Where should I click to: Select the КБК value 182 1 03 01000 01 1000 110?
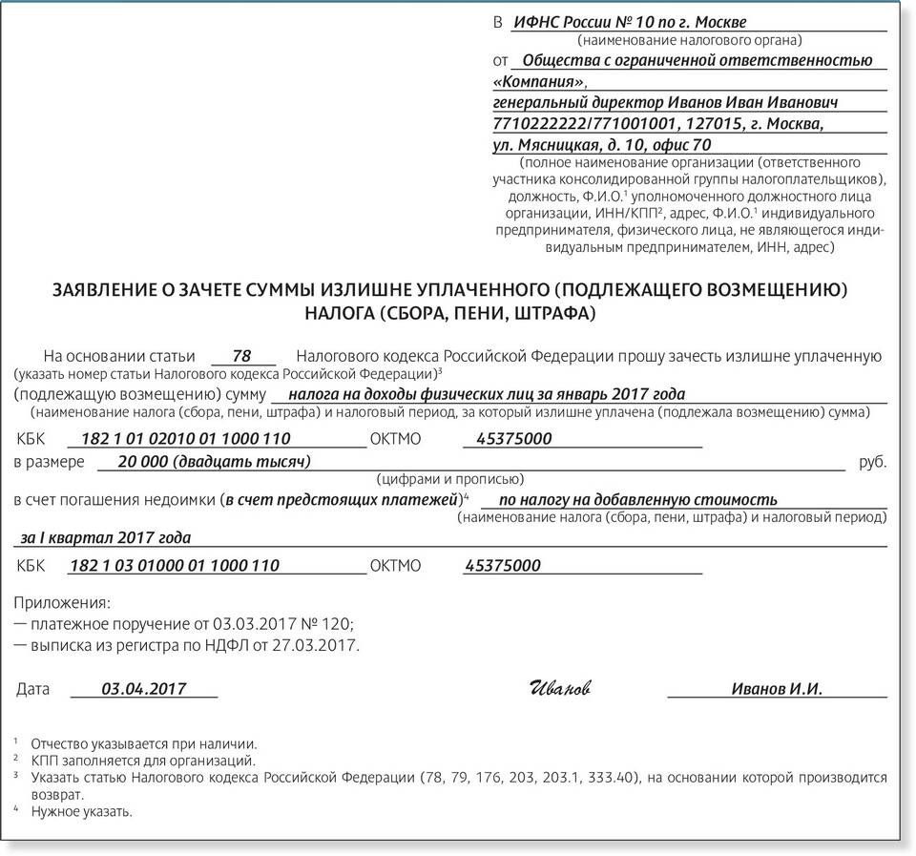point(176,565)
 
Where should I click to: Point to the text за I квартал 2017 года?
point(105,537)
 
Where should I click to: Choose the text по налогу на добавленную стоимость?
point(636,499)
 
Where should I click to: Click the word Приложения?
point(63,603)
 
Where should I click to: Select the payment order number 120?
point(338,624)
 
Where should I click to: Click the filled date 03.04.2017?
point(143,689)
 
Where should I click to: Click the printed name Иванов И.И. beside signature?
point(777,689)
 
